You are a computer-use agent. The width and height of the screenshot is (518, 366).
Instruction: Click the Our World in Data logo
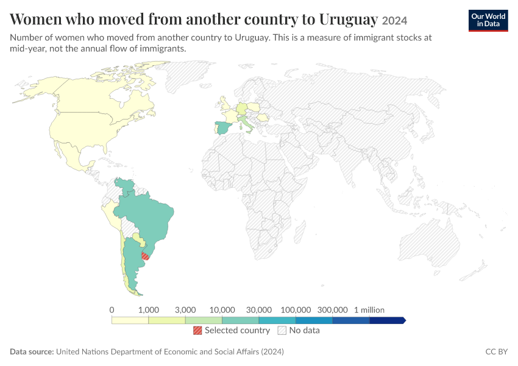[488, 21]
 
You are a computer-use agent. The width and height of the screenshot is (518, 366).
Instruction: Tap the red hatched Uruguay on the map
[145, 256]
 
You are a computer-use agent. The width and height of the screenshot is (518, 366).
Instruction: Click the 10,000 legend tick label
[222, 310]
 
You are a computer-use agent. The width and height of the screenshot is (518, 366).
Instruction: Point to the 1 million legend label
[369, 310]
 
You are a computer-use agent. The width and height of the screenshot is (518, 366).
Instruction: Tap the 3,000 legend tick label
[185, 310]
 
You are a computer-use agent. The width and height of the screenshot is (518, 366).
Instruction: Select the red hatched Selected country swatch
[197, 330]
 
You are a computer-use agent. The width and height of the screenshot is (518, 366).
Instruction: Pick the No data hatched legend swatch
[282, 330]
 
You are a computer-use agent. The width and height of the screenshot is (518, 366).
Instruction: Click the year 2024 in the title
[394, 21]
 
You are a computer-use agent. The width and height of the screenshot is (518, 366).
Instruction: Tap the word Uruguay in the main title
[349, 19]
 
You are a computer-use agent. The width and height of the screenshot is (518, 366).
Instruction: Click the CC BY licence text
[497, 351]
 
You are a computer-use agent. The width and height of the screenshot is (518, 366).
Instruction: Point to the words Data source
[32, 351]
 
